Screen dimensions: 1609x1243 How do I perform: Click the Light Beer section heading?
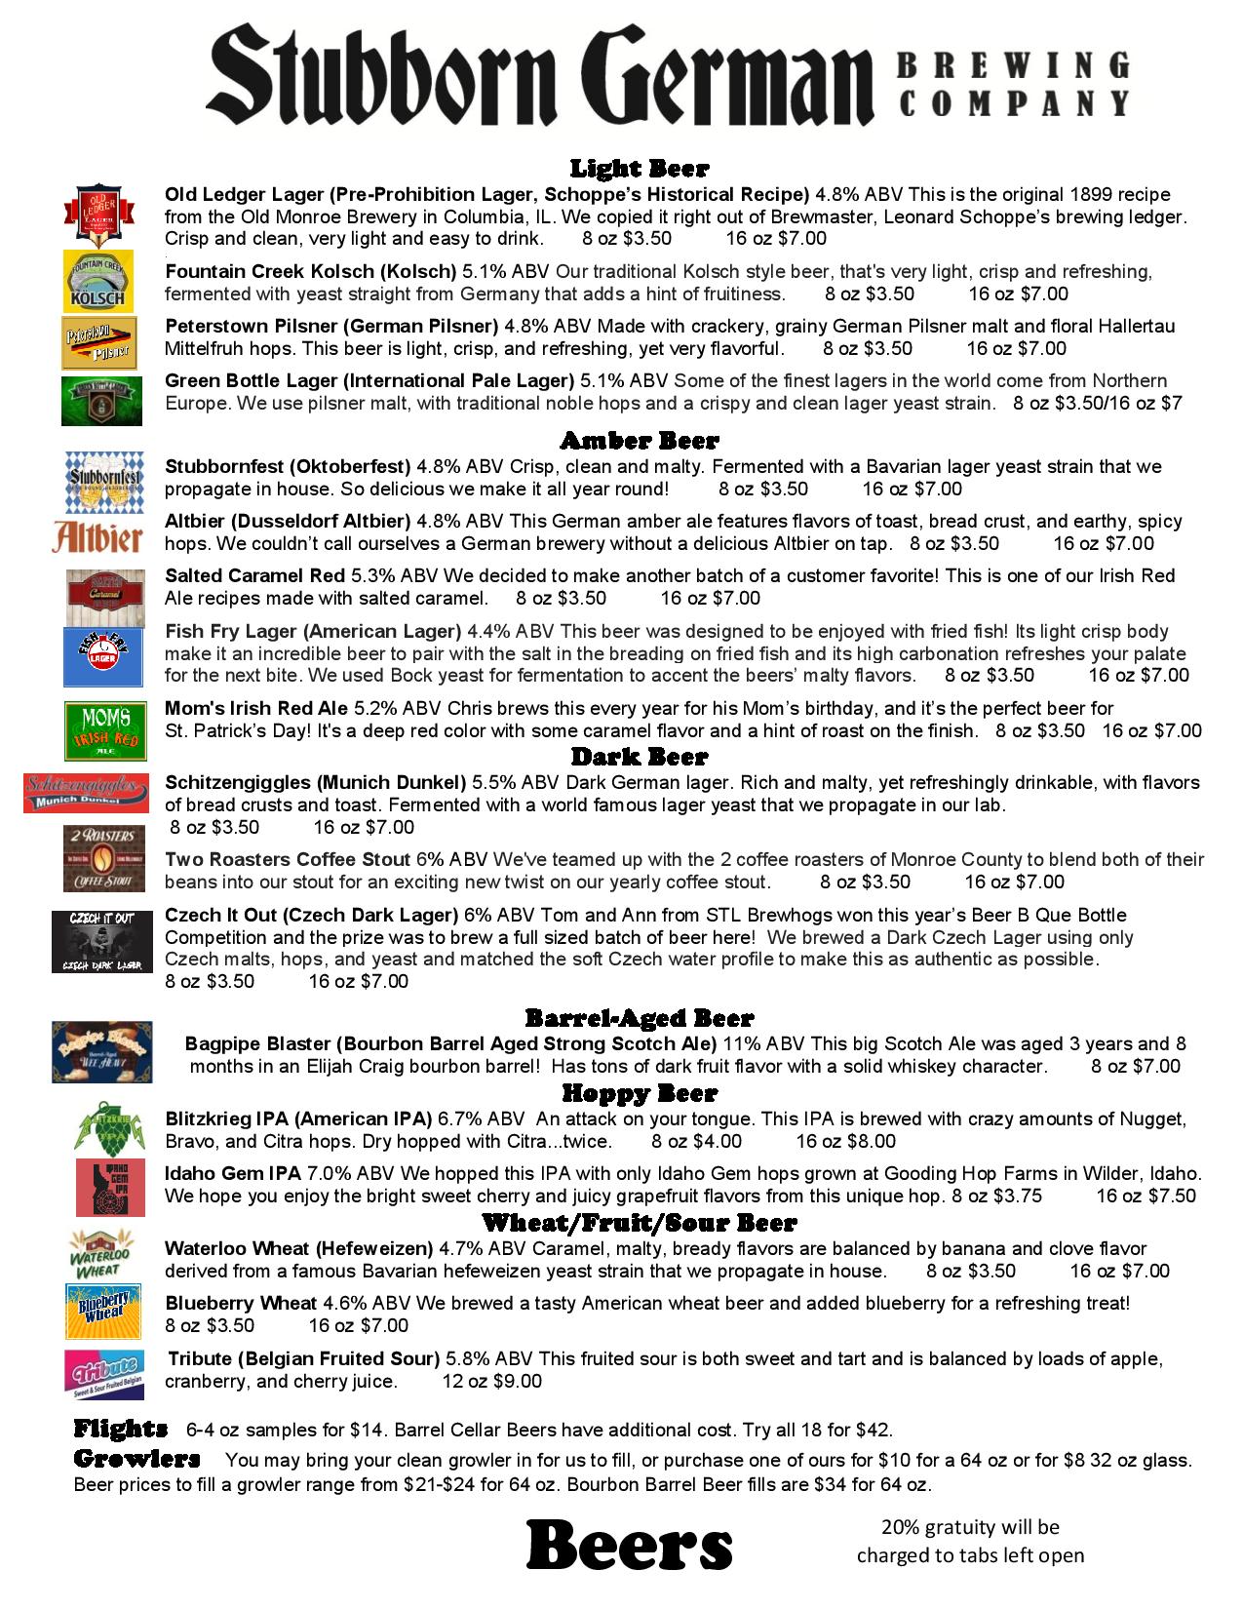[639, 169]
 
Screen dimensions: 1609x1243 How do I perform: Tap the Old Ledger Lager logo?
[97, 213]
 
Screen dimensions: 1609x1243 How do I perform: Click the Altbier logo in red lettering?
[97, 535]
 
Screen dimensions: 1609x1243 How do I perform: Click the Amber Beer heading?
[639, 441]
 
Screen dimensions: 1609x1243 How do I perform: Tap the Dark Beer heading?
[639, 757]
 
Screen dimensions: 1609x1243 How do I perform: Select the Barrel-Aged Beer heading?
[639, 1019]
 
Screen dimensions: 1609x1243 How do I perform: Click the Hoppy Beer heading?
[639, 1093]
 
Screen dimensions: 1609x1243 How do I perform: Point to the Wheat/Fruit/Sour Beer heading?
[639, 1223]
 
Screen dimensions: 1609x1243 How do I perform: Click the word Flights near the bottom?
[120, 1429]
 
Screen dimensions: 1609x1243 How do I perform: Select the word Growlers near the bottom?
[136, 1459]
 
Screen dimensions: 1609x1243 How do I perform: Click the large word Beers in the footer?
[629, 1546]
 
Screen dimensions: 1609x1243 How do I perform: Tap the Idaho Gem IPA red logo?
[110, 1187]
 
